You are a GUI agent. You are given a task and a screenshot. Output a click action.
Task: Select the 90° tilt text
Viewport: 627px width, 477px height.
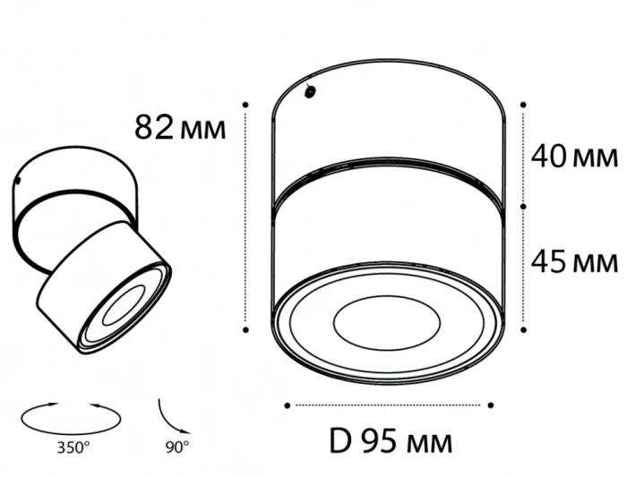click(177, 446)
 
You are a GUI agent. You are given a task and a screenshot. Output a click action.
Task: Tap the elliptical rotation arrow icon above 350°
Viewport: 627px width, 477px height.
click(70, 417)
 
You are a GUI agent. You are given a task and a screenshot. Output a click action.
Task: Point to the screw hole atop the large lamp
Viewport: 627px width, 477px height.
click(310, 90)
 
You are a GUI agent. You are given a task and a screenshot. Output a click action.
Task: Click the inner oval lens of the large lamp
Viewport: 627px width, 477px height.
click(385, 320)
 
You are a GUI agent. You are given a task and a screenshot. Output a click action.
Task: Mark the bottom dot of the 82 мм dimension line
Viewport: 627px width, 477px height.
click(245, 329)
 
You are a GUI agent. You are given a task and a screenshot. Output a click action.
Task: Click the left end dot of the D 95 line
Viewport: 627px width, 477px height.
click(287, 405)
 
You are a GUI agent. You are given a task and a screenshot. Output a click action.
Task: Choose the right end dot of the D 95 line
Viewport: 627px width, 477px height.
click(491, 405)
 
